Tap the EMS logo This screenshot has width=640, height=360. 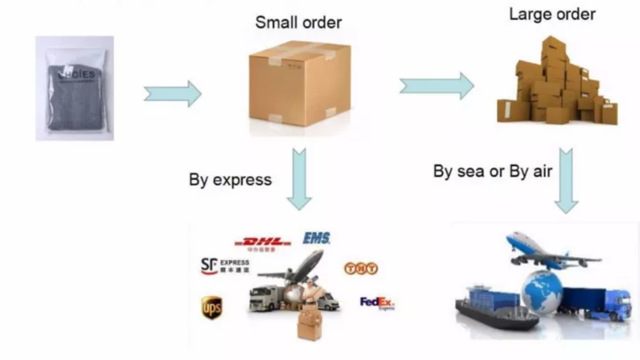tap(316, 239)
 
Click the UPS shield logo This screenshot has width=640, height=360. tap(211, 308)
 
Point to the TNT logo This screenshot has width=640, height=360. tap(360, 269)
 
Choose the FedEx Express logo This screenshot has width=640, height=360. tap(377, 303)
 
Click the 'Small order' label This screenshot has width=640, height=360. tap(298, 23)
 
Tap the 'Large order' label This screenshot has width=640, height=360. tap(552, 14)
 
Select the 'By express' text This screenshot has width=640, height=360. tap(230, 179)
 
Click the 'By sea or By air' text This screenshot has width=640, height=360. tap(492, 171)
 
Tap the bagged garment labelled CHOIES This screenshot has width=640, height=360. tap(75, 88)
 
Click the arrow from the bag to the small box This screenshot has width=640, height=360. tap(172, 94)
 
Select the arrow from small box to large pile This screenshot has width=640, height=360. tap(436, 87)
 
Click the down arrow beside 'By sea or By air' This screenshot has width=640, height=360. tap(566, 180)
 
